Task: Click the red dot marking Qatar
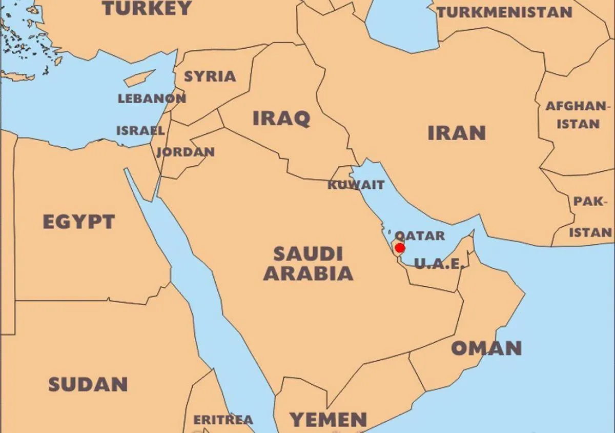click(400, 248)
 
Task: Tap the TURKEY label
click(147, 8)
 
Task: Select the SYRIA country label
click(210, 76)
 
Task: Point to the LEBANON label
click(152, 99)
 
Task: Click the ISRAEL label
click(140, 130)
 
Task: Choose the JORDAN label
click(186, 152)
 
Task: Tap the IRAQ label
click(281, 119)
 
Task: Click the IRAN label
click(456, 133)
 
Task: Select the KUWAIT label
click(356, 185)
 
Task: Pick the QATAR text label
click(420, 235)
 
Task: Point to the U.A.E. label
click(439, 264)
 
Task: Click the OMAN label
click(486, 348)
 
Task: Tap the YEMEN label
click(328, 419)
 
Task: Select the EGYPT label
click(78, 222)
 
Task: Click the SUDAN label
click(88, 384)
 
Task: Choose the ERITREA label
click(223, 420)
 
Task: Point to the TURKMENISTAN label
click(504, 12)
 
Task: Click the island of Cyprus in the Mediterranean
click(139, 78)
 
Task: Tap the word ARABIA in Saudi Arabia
click(308, 273)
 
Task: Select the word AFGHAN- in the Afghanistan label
click(576, 107)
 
